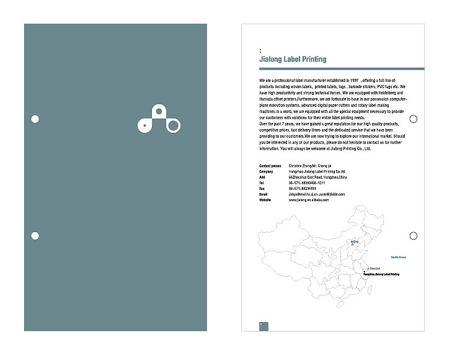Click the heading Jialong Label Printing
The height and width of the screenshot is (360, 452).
click(x=293, y=60)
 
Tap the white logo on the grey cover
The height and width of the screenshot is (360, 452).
click(x=158, y=119)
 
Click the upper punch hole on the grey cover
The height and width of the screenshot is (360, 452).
click(x=35, y=119)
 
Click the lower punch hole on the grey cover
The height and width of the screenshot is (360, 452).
click(x=35, y=235)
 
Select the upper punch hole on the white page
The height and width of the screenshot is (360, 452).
click(x=414, y=119)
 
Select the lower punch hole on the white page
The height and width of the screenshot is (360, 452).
click(x=414, y=235)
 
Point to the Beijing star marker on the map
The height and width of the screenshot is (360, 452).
click(x=353, y=245)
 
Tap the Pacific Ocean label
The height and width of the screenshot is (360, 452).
click(x=398, y=256)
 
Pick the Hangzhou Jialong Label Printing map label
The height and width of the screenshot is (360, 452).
click(x=381, y=274)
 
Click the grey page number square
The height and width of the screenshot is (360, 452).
click(x=264, y=325)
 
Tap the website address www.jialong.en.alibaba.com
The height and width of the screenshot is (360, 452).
click(x=309, y=200)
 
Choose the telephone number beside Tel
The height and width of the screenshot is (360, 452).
click(x=306, y=184)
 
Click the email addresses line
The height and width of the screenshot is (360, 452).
click(x=316, y=195)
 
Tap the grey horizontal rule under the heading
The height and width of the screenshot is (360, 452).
click(x=341, y=68)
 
